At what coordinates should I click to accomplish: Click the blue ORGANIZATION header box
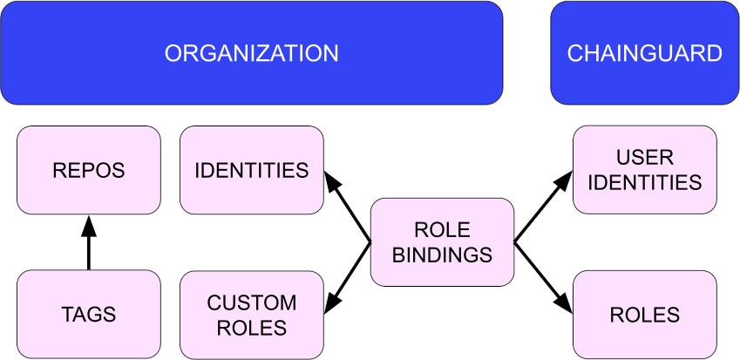pyautogui.click(x=251, y=53)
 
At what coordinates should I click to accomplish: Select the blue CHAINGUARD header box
pyautogui.click(x=644, y=53)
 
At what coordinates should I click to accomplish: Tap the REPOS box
pyautogui.click(x=89, y=170)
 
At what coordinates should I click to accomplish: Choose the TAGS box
pyautogui.click(x=89, y=314)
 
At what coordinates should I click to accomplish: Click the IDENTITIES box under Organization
pyautogui.click(x=251, y=170)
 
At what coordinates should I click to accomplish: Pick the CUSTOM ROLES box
pyautogui.click(x=251, y=315)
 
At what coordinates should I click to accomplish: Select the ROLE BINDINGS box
pyautogui.click(x=442, y=242)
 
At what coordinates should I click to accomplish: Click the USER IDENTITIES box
pyautogui.click(x=645, y=170)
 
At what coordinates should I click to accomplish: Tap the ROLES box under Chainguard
pyautogui.click(x=645, y=315)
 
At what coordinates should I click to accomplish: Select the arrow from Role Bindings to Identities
pyautogui.click(x=349, y=207)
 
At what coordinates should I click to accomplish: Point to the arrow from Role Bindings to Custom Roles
pyautogui.click(x=349, y=276)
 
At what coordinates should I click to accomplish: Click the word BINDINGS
pyautogui.click(x=442, y=255)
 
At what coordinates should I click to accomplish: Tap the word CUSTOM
pyautogui.click(x=251, y=303)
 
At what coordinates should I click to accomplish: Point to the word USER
pyautogui.click(x=645, y=158)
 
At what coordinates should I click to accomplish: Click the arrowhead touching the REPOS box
pyautogui.click(x=89, y=225)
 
